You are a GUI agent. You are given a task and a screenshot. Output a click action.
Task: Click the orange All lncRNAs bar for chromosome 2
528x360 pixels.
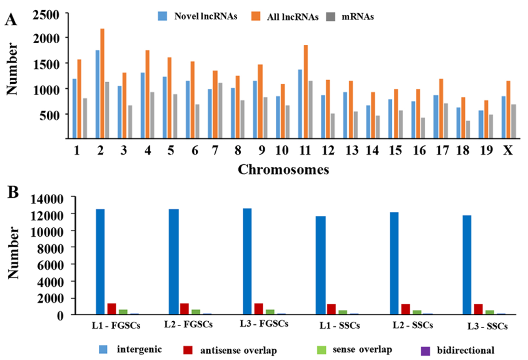102,84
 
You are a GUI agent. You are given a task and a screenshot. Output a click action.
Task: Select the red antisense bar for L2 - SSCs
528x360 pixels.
405,309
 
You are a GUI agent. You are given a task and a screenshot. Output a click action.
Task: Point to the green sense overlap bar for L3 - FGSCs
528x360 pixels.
270,312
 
